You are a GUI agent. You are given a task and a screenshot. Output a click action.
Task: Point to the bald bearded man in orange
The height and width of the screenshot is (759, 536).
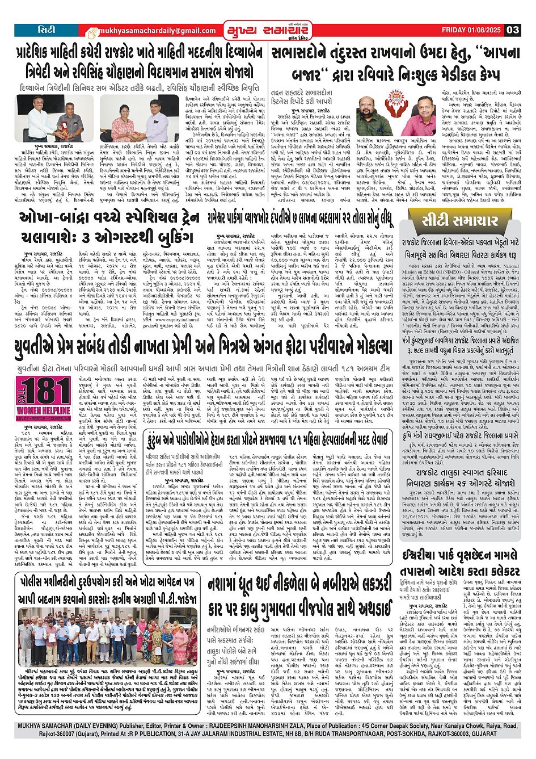[x=370, y=115]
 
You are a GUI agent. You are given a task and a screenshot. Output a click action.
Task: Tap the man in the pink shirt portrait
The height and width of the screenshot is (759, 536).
[x=434, y=116]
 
